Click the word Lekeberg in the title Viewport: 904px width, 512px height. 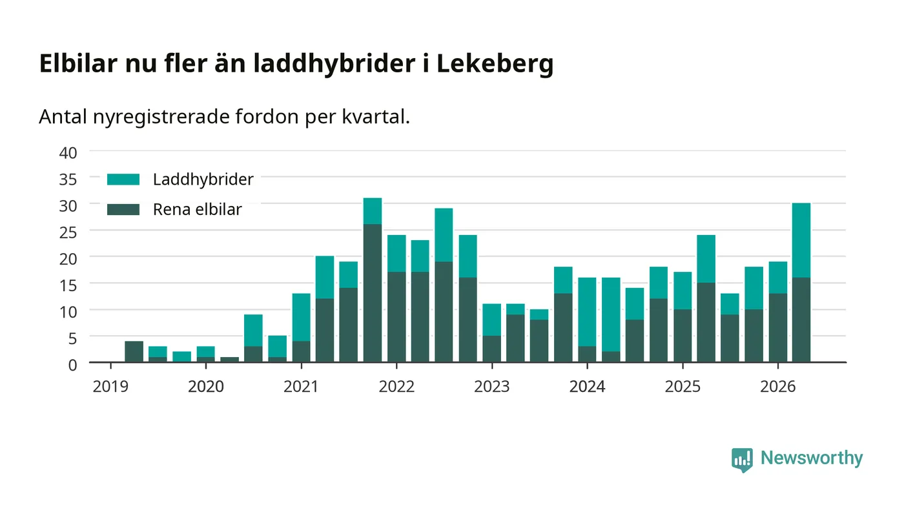tap(495, 64)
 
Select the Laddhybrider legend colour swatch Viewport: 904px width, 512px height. tap(123, 179)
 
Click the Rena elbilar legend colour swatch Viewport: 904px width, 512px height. tap(123, 209)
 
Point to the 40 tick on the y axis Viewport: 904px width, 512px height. tap(68, 153)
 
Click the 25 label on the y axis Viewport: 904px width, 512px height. tap(68, 232)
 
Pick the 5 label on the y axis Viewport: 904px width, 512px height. tap(72, 338)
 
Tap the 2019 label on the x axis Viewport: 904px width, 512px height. tap(110, 387)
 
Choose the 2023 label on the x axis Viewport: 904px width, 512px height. tap(492, 387)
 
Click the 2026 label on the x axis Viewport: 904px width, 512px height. tap(778, 387)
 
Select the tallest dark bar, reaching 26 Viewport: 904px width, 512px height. tap(373, 293)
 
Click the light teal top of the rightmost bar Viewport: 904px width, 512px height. tap(801, 240)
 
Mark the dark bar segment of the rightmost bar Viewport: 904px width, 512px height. tap(801, 320)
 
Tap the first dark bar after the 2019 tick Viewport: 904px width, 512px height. tap(134, 351)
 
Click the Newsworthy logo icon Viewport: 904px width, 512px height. tap(742, 460)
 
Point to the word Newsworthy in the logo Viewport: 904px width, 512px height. tap(812, 458)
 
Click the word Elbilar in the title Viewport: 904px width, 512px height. tap(78, 63)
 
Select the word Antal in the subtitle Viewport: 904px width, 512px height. tap(63, 117)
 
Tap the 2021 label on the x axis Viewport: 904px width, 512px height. tap(301, 387)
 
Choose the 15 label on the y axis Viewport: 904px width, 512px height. tap(68, 285)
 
